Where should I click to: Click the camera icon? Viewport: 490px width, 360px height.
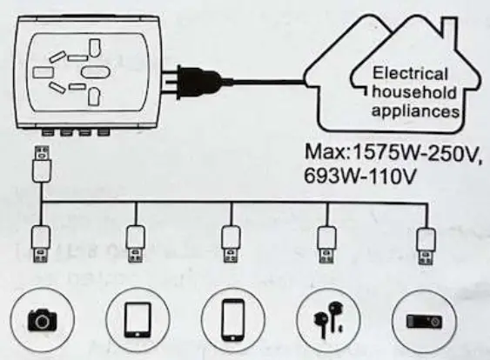click(x=40, y=319)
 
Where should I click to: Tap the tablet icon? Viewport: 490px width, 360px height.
click(x=136, y=319)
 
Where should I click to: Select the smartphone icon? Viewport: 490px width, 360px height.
click(x=232, y=319)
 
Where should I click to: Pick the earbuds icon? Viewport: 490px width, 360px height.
click(x=326, y=319)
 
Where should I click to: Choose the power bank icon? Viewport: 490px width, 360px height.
click(x=424, y=319)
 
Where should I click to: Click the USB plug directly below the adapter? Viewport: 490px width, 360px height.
click(x=40, y=164)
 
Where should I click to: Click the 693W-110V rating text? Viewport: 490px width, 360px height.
click(x=359, y=175)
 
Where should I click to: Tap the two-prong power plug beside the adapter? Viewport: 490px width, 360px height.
click(x=192, y=82)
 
